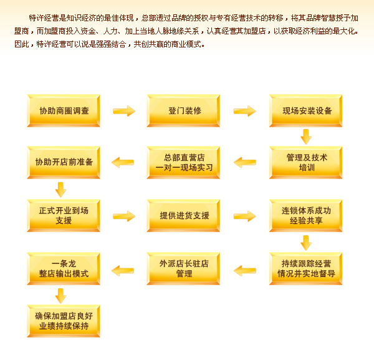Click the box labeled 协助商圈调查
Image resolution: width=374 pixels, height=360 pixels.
click(64, 111)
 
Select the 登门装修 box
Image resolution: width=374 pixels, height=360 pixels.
click(184, 111)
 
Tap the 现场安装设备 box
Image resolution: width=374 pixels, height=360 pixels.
click(306, 111)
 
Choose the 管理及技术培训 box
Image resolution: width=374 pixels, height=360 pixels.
click(306, 163)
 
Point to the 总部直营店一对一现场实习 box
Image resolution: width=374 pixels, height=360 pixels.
click(184, 163)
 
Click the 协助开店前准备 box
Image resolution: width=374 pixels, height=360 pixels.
click(64, 163)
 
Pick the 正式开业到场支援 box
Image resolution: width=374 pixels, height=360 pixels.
click(64, 216)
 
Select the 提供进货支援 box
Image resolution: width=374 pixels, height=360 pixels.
click(184, 216)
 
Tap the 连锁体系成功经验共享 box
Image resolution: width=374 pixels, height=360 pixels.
click(306, 216)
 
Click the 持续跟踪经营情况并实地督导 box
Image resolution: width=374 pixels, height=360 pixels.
click(306, 269)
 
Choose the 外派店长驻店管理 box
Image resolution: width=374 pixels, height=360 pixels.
click(184, 269)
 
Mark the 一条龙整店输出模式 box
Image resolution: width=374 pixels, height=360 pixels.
click(64, 269)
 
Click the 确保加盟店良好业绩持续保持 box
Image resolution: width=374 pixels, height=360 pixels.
click(64, 321)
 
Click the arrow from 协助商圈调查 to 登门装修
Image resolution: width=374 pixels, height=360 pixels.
click(124, 111)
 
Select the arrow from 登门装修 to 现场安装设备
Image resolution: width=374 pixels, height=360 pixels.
click(244, 111)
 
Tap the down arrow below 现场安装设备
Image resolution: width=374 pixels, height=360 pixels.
click(306, 137)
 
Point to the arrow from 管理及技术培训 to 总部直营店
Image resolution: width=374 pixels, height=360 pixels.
click(244, 163)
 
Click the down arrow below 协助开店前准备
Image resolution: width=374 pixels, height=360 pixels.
click(61, 189)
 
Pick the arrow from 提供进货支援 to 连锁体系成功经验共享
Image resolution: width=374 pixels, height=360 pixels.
click(244, 216)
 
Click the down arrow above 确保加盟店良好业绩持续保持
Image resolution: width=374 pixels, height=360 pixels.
click(61, 295)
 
